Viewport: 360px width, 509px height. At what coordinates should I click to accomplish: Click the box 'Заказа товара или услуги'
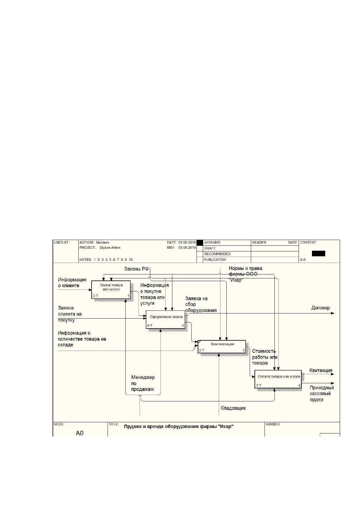[x=111, y=290]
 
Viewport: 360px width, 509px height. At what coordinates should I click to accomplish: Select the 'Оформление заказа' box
[x=165, y=319]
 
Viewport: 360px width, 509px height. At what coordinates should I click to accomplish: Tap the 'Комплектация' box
[x=222, y=346]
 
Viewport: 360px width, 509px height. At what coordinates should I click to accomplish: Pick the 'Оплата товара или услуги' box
[x=278, y=379]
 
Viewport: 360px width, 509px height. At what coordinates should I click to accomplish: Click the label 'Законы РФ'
[x=136, y=269]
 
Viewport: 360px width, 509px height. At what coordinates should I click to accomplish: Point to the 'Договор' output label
[x=320, y=308]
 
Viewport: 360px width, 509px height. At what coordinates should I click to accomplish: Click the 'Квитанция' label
[x=321, y=371]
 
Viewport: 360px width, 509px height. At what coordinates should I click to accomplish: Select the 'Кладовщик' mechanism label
[x=233, y=408]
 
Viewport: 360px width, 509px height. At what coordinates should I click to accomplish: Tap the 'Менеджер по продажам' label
[x=143, y=383]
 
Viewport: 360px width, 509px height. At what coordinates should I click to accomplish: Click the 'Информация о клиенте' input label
[x=72, y=283]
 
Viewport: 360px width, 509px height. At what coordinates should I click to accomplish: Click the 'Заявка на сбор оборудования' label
[x=201, y=304]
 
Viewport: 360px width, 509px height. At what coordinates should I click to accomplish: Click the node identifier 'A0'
[x=79, y=433]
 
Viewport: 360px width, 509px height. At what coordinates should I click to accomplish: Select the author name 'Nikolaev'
[x=102, y=242]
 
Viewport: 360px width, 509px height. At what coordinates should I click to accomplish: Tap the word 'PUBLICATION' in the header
[x=215, y=260]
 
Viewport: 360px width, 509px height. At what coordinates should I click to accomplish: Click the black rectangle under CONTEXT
[x=318, y=253]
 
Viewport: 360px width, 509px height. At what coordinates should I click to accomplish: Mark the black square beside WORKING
[x=199, y=243]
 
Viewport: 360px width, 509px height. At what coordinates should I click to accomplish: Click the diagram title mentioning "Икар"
[x=179, y=426]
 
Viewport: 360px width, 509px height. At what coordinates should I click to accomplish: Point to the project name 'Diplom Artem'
[x=110, y=248]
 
